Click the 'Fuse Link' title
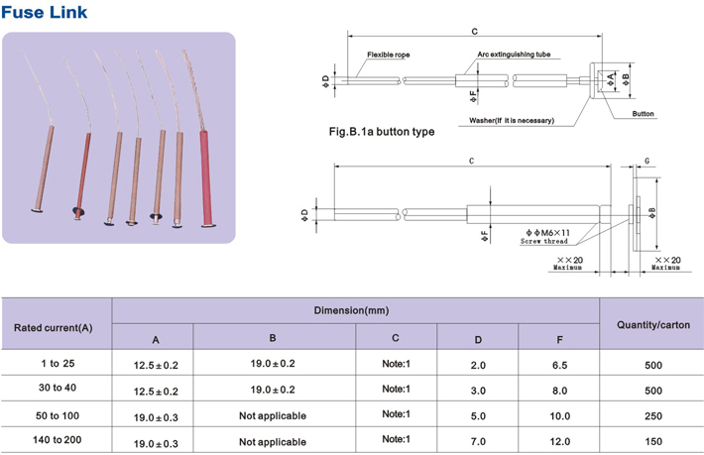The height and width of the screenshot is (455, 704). tap(44, 12)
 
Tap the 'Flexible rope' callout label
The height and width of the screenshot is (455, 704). tap(389, 55)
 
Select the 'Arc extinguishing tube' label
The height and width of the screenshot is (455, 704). tap(514, 55)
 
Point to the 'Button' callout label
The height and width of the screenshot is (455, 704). tap(643, 114)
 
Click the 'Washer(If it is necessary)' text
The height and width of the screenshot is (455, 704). tap(512, 120)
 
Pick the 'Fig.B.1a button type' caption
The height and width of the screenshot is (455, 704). tap(382, 132)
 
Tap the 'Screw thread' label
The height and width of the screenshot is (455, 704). tap(543, 242)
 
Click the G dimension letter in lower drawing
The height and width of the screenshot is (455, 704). tap(646, 162)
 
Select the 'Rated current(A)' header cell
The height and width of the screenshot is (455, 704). tap(53, 328)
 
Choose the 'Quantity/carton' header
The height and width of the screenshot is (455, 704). tap(653, 325)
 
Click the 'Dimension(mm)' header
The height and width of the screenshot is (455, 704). tap(351, 310)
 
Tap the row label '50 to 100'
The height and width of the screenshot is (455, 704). tap(58, 416)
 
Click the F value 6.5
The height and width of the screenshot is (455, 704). tap(559, 365)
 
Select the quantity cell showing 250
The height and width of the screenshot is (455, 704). tap(653, 416)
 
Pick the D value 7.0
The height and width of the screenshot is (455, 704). tap(478, 442)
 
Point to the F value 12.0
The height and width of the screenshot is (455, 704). tap(560, 442)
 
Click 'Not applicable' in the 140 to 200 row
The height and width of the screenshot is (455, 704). tap(273, 442)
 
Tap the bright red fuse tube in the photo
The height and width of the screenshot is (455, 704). tap(205, 178)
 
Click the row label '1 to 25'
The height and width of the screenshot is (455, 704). tap(58, 364)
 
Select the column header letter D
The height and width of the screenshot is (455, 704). tap(478, 340)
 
